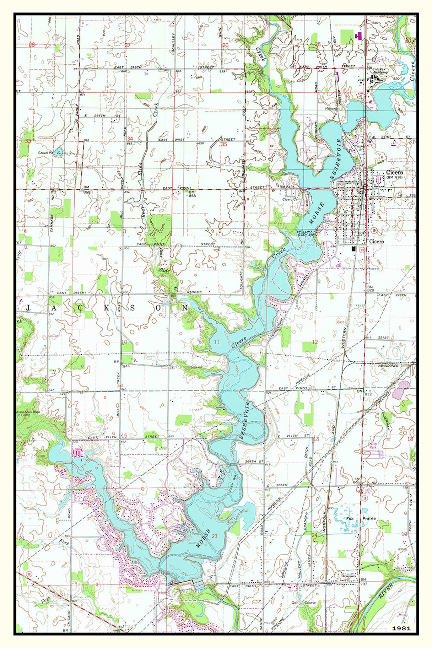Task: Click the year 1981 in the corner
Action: [x=401, y=628]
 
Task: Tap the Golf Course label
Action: [x=303, y=602]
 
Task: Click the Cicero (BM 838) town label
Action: [x=394, y=174]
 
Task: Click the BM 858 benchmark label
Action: [x=192, y=194]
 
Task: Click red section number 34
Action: [x=130, y=139]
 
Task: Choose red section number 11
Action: [x=217, y=342]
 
